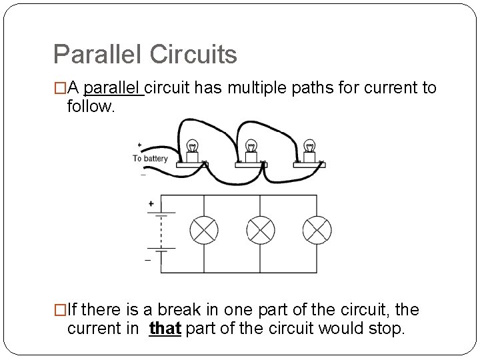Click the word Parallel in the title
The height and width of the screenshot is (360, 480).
95,55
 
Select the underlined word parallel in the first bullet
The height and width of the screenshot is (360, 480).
113,88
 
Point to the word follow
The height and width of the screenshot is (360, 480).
91,106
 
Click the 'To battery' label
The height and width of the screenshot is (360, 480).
150,159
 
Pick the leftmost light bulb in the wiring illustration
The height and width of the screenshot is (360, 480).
193,147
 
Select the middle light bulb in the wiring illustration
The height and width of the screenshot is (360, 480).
251,147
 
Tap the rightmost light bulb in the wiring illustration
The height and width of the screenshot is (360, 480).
309,147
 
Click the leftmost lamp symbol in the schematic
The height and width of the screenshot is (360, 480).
204,231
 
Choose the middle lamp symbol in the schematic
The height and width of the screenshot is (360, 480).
261,231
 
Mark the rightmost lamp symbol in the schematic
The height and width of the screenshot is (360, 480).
317,231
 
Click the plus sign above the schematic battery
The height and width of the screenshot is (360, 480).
151,203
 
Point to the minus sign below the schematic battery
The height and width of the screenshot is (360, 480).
148,261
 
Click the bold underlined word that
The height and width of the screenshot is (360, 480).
165,329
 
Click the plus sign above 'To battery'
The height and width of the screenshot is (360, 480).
139,145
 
